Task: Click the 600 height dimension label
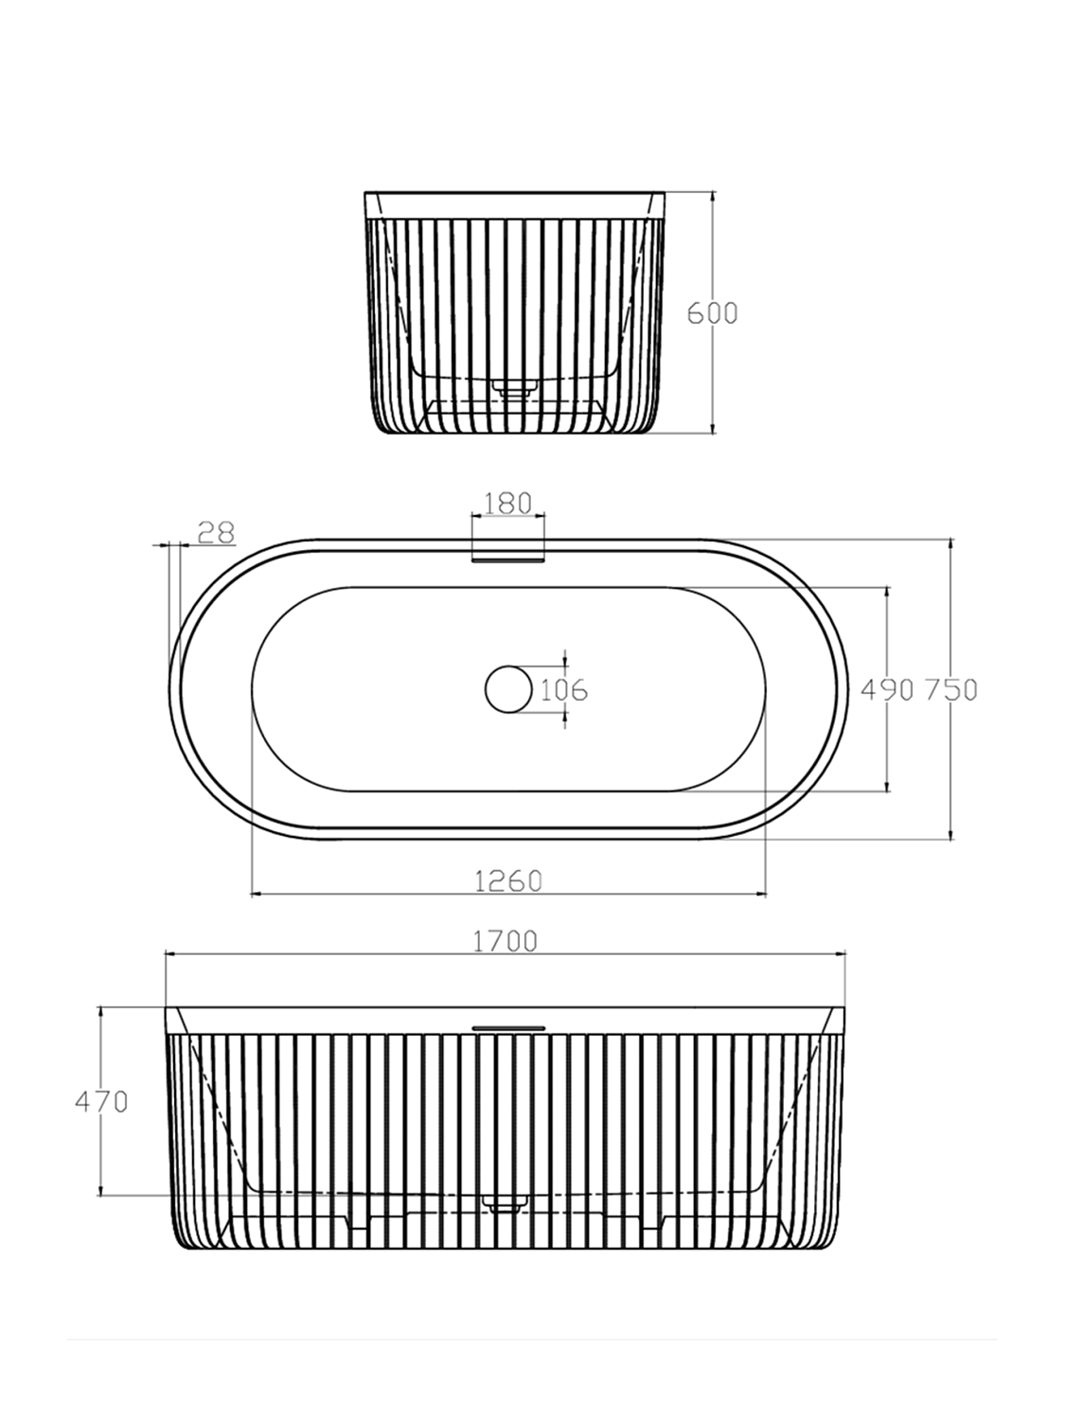711,313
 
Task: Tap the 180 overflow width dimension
507,504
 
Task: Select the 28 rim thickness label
215,532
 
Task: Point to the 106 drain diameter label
564,690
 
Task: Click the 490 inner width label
887,690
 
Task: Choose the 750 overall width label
950,690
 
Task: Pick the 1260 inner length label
508,880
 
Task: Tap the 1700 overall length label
505,941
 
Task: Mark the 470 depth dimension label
101,1101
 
